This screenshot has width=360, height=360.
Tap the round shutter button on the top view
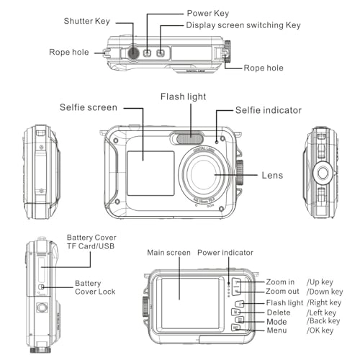[133, 53]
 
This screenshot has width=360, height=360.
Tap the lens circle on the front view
[204, 175]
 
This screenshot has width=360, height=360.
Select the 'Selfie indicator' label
[268, 110]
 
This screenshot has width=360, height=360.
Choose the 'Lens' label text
[273, 175]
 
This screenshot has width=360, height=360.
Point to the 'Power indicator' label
[225, 253]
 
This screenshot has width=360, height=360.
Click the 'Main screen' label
[168, 253]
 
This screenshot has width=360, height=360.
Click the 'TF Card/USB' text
[90, 247]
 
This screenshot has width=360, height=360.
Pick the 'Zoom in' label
[280, 281]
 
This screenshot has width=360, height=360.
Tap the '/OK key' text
[320, 330]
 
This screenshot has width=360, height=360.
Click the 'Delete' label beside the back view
[278, 312]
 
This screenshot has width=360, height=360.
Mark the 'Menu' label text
[276, 330]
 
